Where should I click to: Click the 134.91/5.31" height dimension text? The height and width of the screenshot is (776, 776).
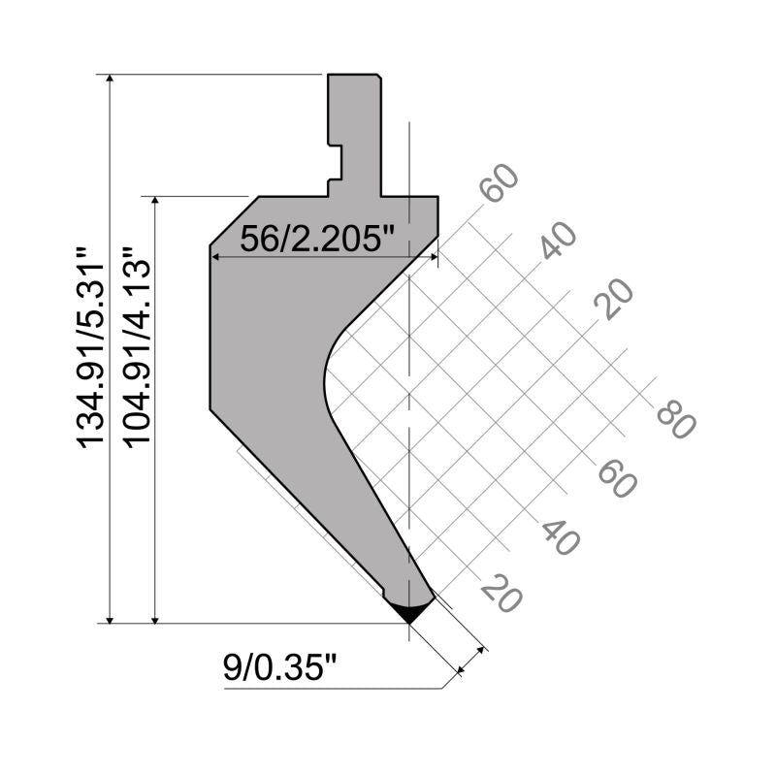tap(91, 348)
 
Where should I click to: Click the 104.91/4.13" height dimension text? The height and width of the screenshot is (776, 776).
tap(137, 348)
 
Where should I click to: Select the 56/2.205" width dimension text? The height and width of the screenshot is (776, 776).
tap(317, 238)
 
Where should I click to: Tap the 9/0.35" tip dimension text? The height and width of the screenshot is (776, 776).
tap(279, 666)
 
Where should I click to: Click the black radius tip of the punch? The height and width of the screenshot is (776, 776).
tap(409, 612)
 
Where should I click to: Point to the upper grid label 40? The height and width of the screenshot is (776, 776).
tap(558, 241)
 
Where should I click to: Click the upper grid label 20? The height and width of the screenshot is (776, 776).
tap(614, 299)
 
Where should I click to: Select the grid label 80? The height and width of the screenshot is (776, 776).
tap(676, 420)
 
